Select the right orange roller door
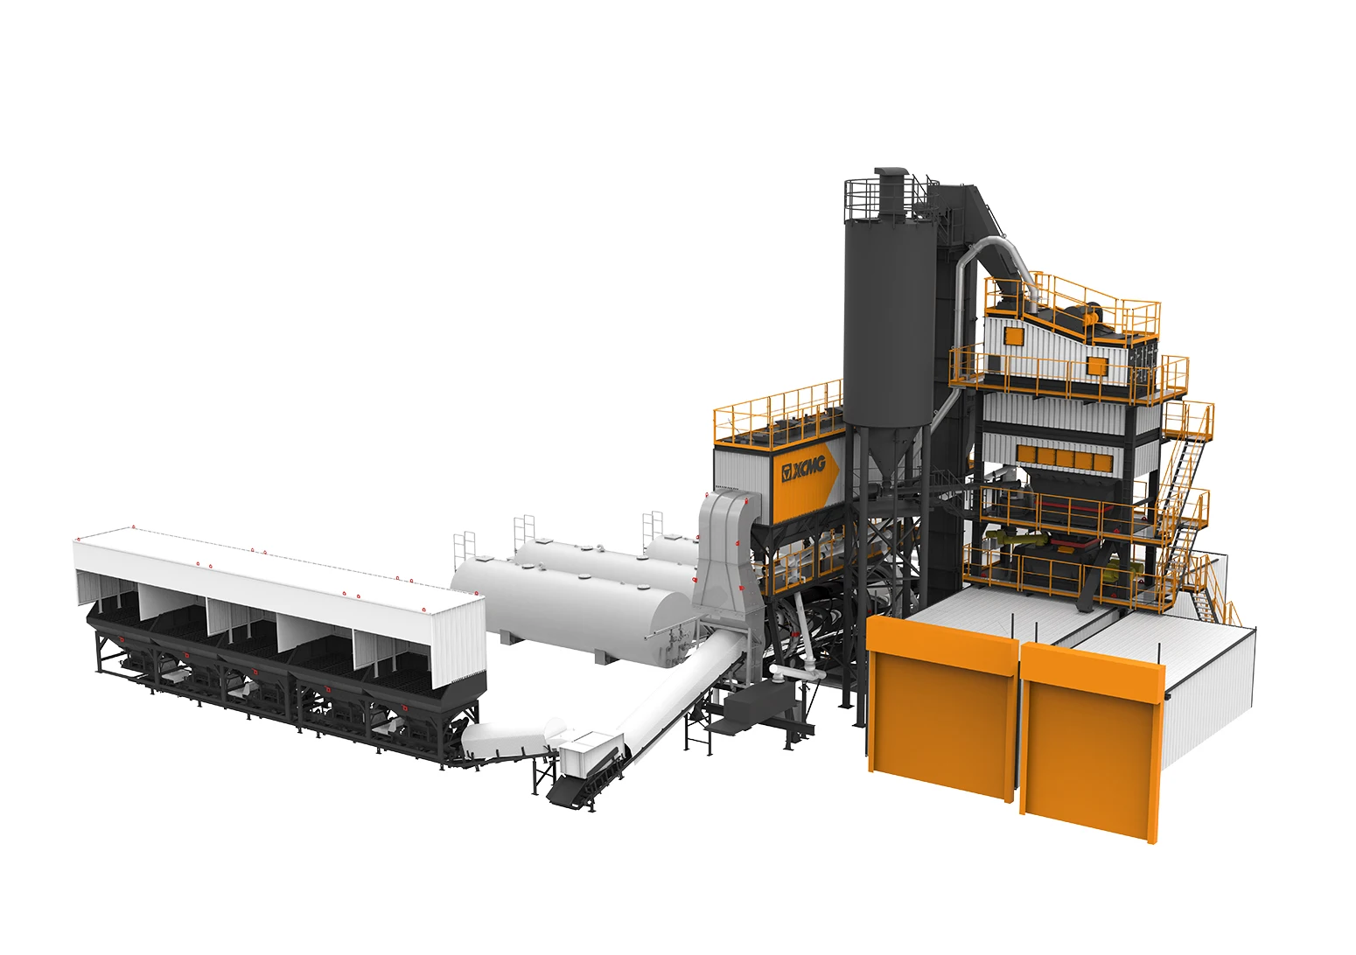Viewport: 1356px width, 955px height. pyautogui.click(x=1092, y=743)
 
